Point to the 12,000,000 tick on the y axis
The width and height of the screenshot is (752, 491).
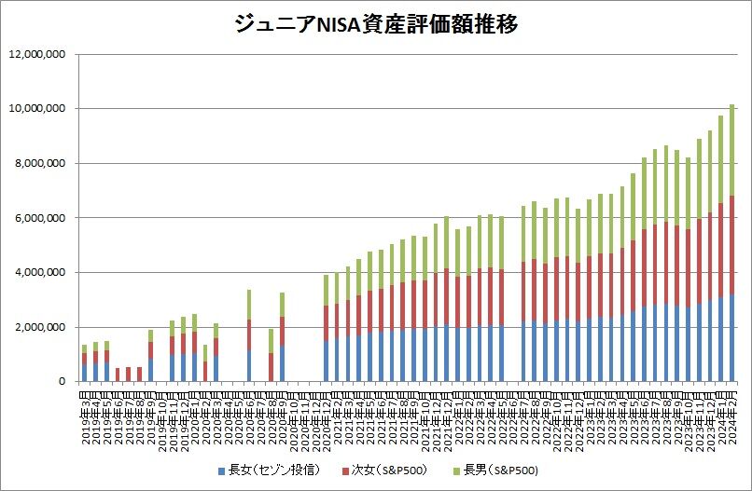tap(37, 54)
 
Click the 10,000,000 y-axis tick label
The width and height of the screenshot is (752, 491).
tap(37, 109)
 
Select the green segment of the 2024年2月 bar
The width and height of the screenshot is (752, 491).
tap(732, 149)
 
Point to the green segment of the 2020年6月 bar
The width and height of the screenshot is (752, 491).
tap(249, 305)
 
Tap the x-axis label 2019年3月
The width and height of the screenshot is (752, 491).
tap(85, 415)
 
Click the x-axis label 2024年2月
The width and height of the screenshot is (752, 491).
tap(733, 415)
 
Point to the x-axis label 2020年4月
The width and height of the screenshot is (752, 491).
tap(227, 415)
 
